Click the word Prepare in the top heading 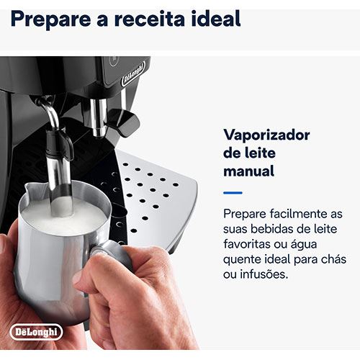[x=51, y=19]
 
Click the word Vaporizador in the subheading [x=266, y=135]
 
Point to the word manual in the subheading [x=248, y=171]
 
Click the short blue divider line [x=233, y=192]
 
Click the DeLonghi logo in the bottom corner [x=36, y=332]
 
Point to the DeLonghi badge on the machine [x=133, y=73]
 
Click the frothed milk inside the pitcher [x=63, y=220]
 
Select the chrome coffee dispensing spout [x=99, y=117]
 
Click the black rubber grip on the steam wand [x=59, y=143]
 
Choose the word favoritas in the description [x=246, y=244]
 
